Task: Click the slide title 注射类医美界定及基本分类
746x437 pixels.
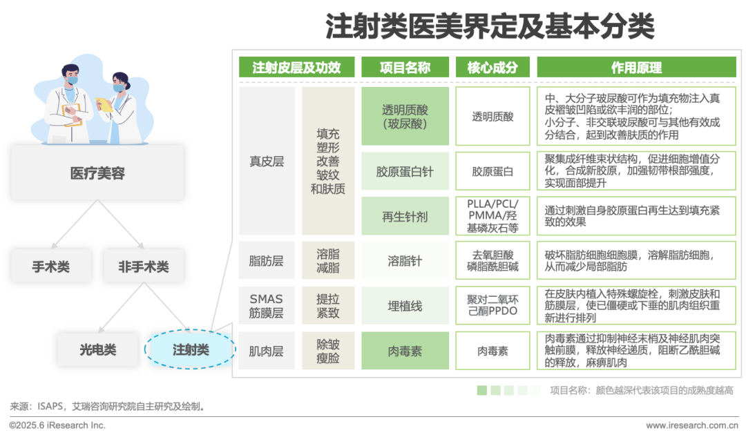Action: click(490, 28)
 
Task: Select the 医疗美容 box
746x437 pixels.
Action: click(97, 173)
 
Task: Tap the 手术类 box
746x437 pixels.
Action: click(50, 266)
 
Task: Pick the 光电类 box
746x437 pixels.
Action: click(97, 350)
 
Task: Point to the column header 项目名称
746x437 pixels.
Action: click(405, 68)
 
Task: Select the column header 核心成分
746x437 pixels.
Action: click(492, 68)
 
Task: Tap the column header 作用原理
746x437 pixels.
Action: click(636, 68)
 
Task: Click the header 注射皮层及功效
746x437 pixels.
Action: click(296, 68)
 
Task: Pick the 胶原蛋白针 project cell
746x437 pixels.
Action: click(405, 171)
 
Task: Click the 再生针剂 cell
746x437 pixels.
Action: click(405, 216)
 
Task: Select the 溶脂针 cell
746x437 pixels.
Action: click(405, 261)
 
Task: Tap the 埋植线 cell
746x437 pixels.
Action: click(405, 306)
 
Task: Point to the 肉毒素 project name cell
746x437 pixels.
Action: click(405, 351)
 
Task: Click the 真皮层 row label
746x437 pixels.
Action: click(267, 162)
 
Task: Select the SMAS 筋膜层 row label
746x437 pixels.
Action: click(267, 306)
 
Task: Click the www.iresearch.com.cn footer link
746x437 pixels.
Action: click(690, 425)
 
